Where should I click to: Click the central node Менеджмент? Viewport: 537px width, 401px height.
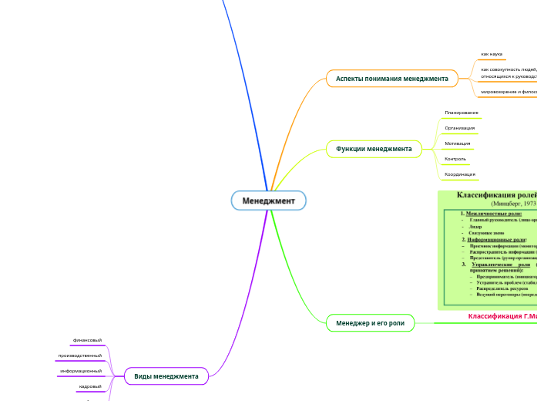(x=269, y=200)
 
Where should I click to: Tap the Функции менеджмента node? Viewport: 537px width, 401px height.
(x=374, y=148)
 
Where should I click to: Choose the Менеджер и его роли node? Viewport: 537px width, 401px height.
(x=370, y=322)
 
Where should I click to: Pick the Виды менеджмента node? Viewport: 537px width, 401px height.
(x=166, y=376)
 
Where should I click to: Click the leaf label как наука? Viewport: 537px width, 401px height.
(x=492, y=54)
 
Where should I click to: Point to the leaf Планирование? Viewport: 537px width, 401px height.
(x=461, y=113)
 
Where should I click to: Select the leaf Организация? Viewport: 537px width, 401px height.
(x=459, y=128)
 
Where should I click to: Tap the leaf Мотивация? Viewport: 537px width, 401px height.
(x=458, y=143)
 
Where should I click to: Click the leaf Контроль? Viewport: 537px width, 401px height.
(x=455, y=159)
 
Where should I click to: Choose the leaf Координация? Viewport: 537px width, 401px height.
(x=460, y=174)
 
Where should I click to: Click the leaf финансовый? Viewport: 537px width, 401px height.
(x=87, y=340)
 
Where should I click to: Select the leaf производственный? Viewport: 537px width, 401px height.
(x=80, y=356)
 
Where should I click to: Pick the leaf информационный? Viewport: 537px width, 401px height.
(x=81, y=371)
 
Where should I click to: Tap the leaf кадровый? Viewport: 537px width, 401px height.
(x=90, y=386)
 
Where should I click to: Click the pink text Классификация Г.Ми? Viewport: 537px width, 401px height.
(x=502, y=316)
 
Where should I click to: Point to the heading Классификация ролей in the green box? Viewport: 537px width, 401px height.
(x=496, y=195)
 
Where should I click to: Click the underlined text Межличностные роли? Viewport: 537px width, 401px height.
(x=493, y=213)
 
